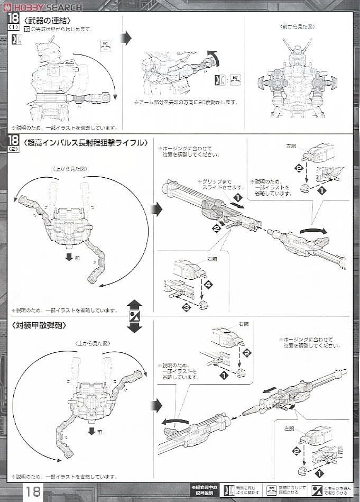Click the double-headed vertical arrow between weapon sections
point(135,316)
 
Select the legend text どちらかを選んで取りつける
point(339,491)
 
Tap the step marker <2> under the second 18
point(14,150)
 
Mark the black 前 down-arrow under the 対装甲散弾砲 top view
point(91,431)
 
